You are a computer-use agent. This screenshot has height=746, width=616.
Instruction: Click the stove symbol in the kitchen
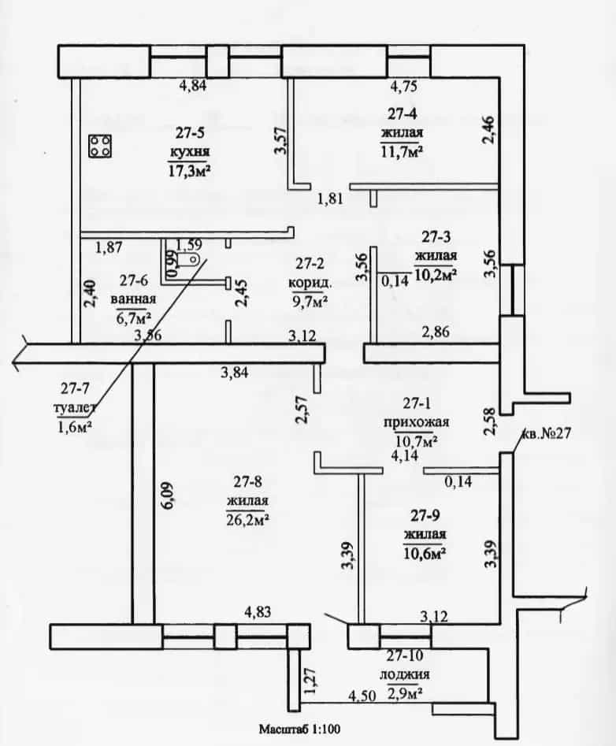click(x=100, y=146)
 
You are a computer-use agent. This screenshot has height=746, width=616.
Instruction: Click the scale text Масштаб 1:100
click(x=299, y=729)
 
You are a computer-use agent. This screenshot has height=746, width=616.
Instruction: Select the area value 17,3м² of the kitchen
click(x=189, y=170)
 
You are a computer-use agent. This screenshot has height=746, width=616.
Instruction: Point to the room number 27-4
click(x=402, y=113)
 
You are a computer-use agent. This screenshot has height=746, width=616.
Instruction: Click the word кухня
click(x=190, y=152)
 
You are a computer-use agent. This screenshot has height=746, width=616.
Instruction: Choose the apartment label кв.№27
click(x=547, y=434)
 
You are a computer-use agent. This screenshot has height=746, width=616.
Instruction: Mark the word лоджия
click(x=405, y=674)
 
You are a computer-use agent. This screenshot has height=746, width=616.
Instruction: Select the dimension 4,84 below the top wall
click(x=193, y=86)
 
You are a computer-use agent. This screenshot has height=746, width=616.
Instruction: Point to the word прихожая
click(x=416, y=422)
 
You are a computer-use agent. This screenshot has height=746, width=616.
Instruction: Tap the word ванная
click(x=133, y=299)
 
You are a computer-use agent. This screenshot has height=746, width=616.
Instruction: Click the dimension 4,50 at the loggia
click(x=362, y=696)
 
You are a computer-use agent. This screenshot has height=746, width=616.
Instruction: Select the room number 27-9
click(x=425, y=515)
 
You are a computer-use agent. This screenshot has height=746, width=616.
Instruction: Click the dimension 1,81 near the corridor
click(x=331, y=198)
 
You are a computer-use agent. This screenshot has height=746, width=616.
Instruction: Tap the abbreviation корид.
click(x=310, y=283)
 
